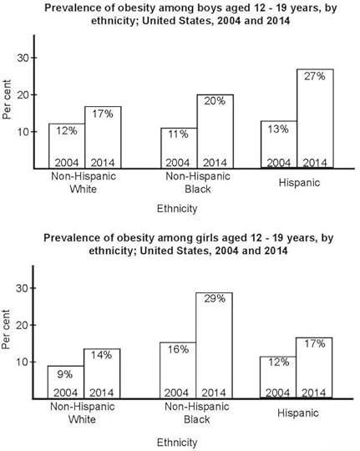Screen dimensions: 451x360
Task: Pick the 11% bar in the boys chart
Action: pos(178,148)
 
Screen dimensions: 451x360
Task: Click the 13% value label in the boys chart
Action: pos(277,129)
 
